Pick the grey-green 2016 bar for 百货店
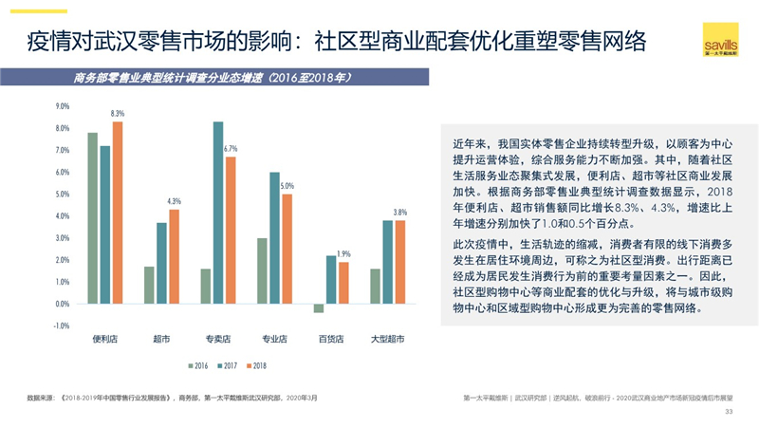(319, 308)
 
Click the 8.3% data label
(118, 113)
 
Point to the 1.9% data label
(343, 254)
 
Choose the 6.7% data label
(231, 149)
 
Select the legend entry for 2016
(196, 364)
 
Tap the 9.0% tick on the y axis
(64, 106)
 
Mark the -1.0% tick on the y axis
(63, 325)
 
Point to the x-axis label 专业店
(274, 339)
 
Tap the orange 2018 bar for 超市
(174, 256)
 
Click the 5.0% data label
(287, 186)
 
